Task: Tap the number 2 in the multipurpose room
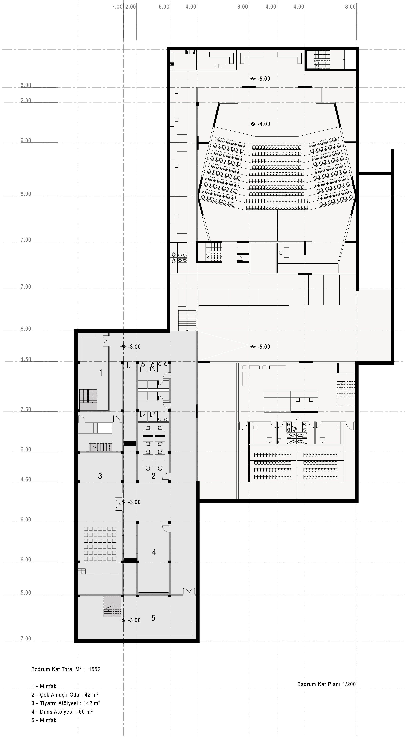point(154,476)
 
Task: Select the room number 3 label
point(100,476)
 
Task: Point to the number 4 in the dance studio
point(154,552)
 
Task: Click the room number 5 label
point(153,618)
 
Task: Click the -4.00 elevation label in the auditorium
point(263,124)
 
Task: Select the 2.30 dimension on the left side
point(26,100)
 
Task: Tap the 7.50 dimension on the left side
point(26,409)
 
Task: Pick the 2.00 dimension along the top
point(131,7)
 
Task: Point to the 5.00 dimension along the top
point(164,7)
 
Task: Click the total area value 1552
point(95,669)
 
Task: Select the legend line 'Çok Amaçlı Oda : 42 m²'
point(65,694)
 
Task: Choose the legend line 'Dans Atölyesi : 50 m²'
point(62,712)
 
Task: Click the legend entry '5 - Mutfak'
point(44,720)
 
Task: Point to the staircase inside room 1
point(88,400)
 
